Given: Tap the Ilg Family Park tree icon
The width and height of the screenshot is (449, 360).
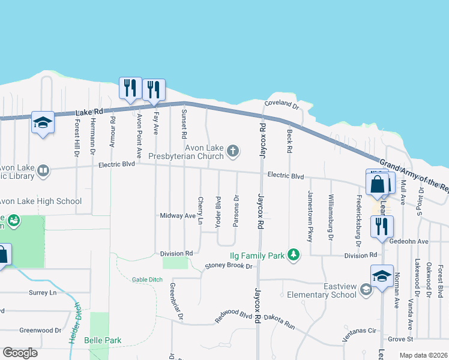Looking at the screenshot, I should tap(293, 255).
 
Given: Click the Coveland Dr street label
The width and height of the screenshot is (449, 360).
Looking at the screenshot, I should tap(282, 104).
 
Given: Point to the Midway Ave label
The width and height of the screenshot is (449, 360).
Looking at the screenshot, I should tap(178, 215).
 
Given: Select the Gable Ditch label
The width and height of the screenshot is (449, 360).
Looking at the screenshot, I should tap(147, 279).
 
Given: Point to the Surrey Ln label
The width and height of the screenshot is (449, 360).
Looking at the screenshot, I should tap(42, 293).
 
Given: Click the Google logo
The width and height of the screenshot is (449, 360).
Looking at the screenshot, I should tap(20, 353).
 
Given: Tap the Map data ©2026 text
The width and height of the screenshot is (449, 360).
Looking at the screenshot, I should tap(423, 355).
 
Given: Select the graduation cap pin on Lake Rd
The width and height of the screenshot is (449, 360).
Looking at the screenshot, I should tap(43, 122).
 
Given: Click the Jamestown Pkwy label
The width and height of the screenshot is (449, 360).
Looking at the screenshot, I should tap(310, 216).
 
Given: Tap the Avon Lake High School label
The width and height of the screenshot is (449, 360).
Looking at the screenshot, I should tap(40, 201).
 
